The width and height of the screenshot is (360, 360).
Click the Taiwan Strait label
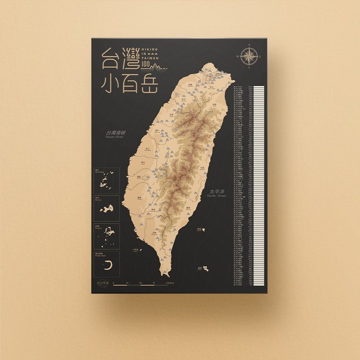pos(114,134)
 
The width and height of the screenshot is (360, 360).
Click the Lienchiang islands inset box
pos(106,181)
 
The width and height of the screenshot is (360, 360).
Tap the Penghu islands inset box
pos(106,235)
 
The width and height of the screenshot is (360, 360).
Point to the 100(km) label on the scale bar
pos(170,283)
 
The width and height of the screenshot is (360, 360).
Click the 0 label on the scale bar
pos(113,283)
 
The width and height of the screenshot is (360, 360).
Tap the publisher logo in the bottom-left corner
pos(103,283)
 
